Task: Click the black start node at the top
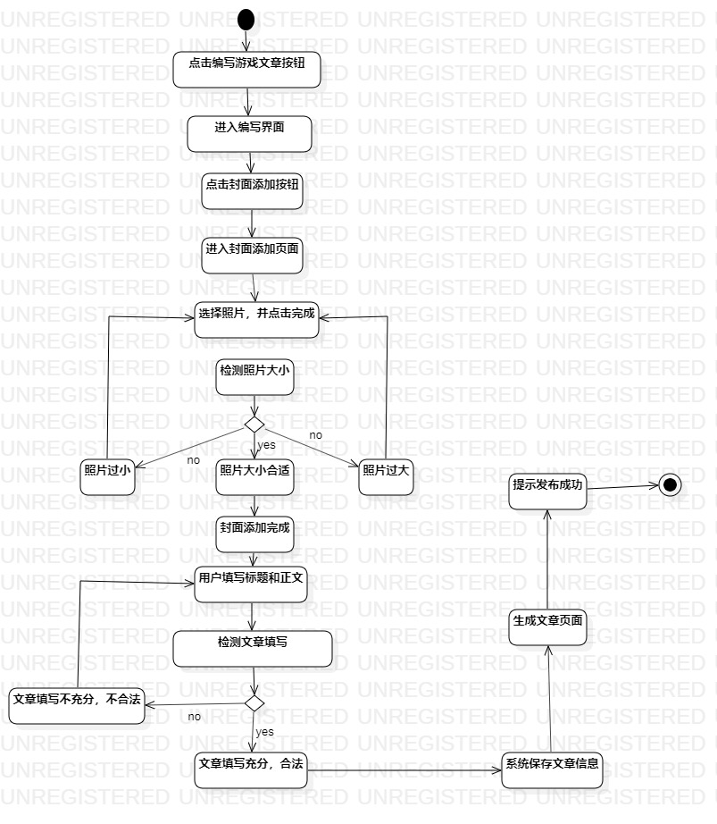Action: pos(246,20)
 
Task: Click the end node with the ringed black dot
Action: pos(670,485)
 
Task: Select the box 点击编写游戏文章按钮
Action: pos(246,70)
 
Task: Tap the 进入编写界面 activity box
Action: pos(250,134)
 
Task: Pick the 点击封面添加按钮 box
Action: pos(252,191)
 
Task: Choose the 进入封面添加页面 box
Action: pos(252,256)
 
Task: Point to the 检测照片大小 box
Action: pos(255,377)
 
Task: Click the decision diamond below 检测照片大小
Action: pos(255,424)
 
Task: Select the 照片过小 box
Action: pos(108,478)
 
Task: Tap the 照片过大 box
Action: pos(387,478)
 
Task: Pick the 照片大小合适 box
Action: pos(254,478)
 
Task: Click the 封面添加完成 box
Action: pos(254,534)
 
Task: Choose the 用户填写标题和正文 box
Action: pos(251,584)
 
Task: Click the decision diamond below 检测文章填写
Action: pos(254,703)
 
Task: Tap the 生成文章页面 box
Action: pos(548,626)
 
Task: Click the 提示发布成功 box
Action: pos(548,492)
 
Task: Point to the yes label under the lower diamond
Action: pos(265,732)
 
